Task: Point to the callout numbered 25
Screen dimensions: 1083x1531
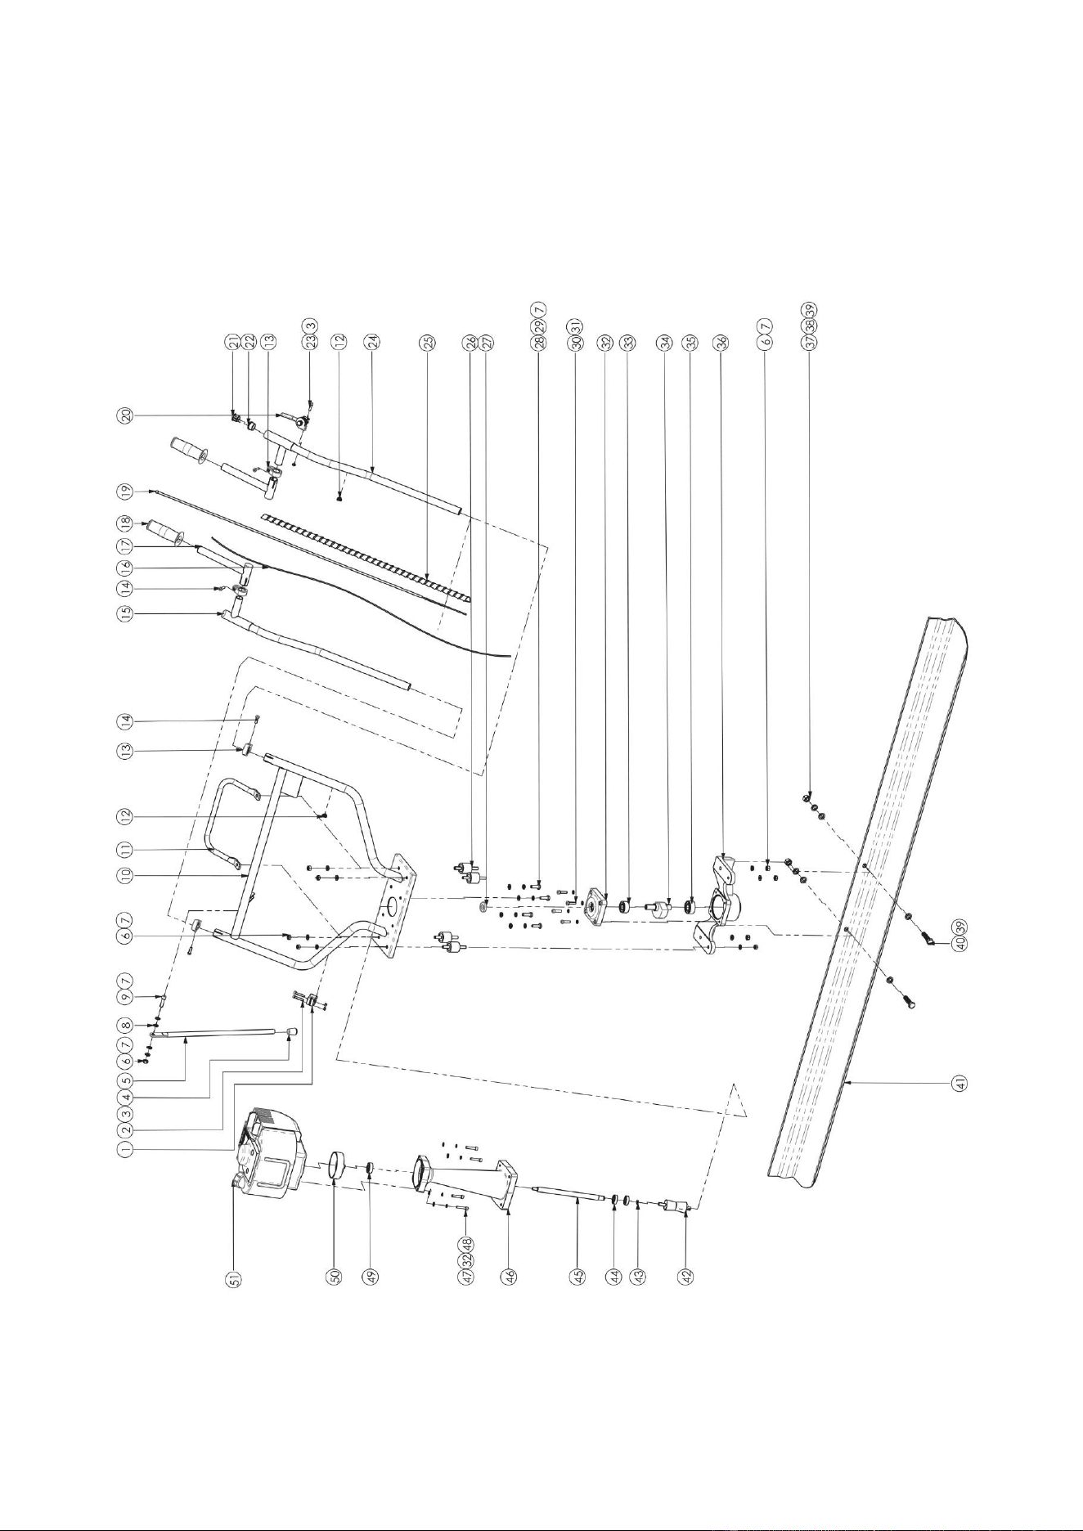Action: [x=426, y=343]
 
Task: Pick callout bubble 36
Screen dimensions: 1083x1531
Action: [x=721, y=343]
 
